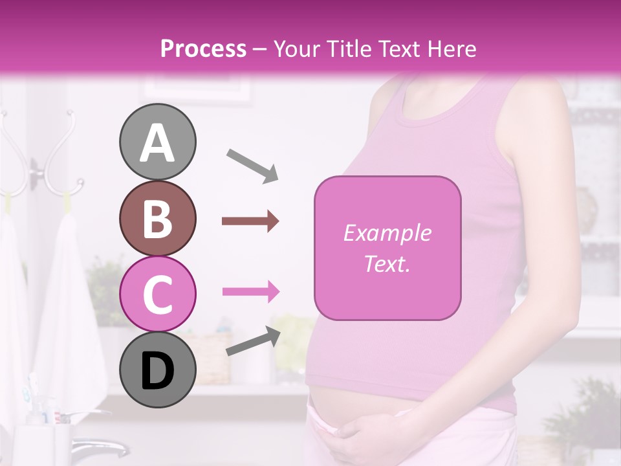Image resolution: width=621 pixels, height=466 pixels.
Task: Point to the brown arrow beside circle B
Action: (x=250, y=221)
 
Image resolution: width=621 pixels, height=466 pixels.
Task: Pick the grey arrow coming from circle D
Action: (x=253, y=341)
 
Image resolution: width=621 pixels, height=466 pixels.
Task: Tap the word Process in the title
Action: (x=203, y=49)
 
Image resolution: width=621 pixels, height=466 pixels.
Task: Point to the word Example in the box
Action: (x=387, y=233)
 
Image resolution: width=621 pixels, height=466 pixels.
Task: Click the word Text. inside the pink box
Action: (x=387, y=263)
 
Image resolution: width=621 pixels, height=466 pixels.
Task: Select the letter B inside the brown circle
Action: (x=157, y=219)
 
